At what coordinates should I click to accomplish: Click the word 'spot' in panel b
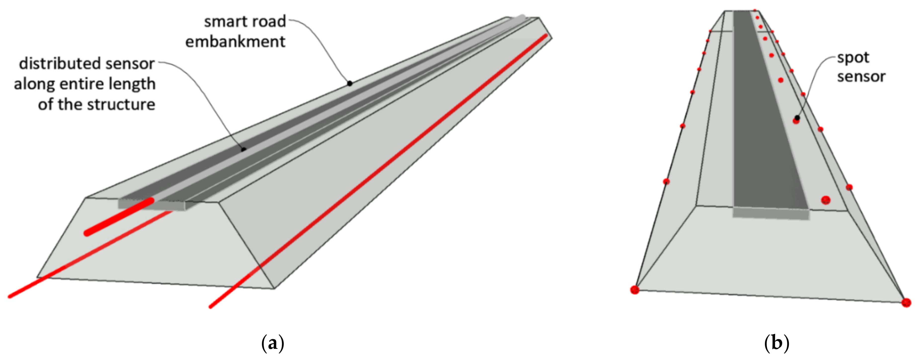point(853,58)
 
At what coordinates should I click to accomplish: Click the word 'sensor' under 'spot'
point(861,77)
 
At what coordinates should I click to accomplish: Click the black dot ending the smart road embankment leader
point(350,83)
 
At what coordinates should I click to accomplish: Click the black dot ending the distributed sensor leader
point(244,149)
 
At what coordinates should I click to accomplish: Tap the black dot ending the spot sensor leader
point(797,118)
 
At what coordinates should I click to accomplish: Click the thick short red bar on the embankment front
point(119,217)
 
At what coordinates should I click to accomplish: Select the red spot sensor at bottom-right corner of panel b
point(906,303)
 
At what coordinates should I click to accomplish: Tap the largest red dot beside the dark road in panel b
point(825,200)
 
